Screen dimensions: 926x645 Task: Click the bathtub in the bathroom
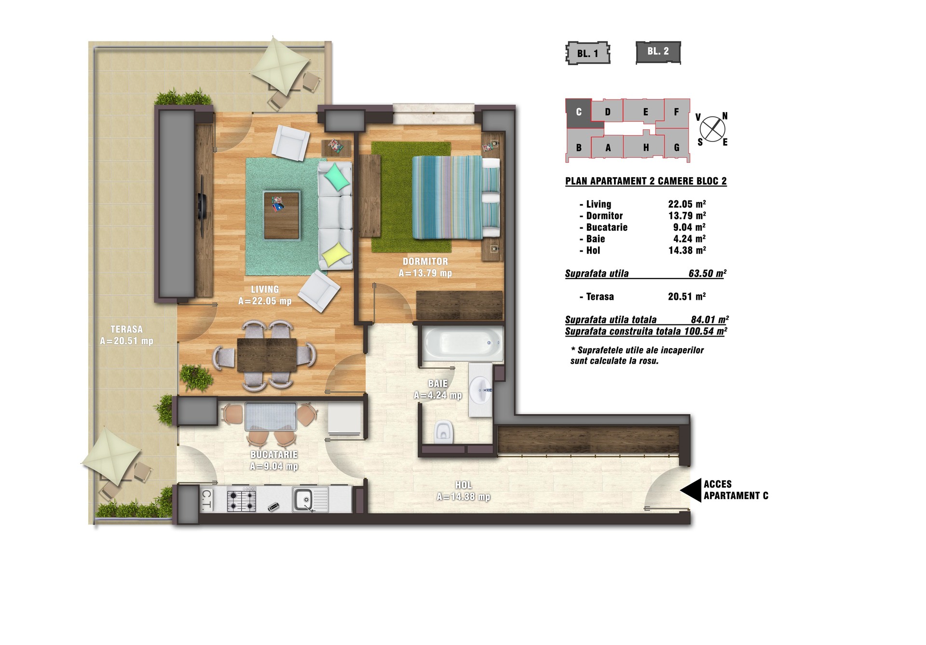[x=463, y=344]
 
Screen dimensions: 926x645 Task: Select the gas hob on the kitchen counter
[x=241, y=500]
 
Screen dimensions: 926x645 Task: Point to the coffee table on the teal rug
[x=282, y=215]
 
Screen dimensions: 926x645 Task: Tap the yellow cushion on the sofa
[x=336, y=254]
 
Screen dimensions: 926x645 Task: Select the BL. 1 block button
[x=587, y=53]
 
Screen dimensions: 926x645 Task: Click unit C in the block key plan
[x=579, y=112]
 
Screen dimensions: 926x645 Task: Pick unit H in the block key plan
[x=645, y=147]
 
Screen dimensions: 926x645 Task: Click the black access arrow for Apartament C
[x=691, y=491]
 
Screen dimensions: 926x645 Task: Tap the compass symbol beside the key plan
[x=712, y=129]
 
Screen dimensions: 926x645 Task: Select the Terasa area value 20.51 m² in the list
[x=687, y=296]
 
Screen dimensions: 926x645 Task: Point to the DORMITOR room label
[x=425, y=261]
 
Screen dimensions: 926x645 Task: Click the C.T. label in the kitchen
[x=206, y=500]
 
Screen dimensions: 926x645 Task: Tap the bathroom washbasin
[x=480, y=389]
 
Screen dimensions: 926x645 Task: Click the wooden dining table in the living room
[x=267, y=355]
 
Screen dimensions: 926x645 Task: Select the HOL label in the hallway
[x=463, y=485]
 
